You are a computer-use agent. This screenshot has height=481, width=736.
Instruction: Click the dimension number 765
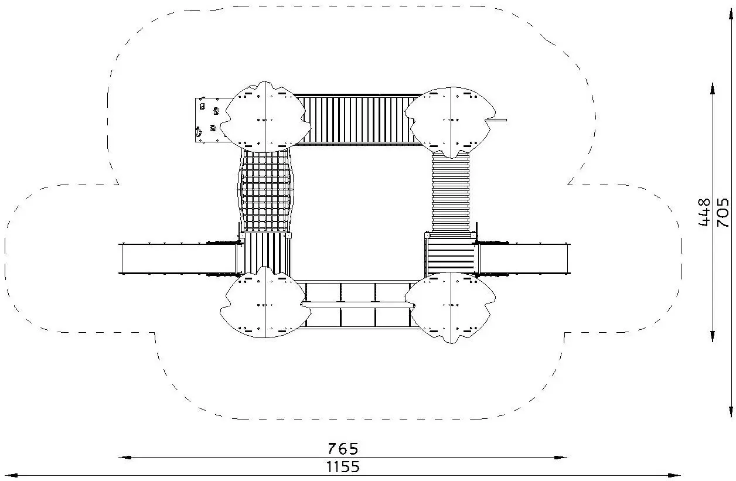343,449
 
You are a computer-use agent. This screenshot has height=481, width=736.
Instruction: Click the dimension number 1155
343,467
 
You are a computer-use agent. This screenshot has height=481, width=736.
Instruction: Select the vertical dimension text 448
704,212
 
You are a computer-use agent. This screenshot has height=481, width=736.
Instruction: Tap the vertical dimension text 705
723,212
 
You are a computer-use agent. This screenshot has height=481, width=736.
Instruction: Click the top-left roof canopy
265,117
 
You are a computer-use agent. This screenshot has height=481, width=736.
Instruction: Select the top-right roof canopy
450,122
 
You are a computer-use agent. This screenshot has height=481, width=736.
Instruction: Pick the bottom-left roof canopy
265,302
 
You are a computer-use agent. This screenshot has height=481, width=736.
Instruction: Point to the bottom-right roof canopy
450,308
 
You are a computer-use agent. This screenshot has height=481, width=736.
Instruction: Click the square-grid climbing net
265,190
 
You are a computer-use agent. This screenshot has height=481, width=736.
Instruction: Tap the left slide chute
179,258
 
